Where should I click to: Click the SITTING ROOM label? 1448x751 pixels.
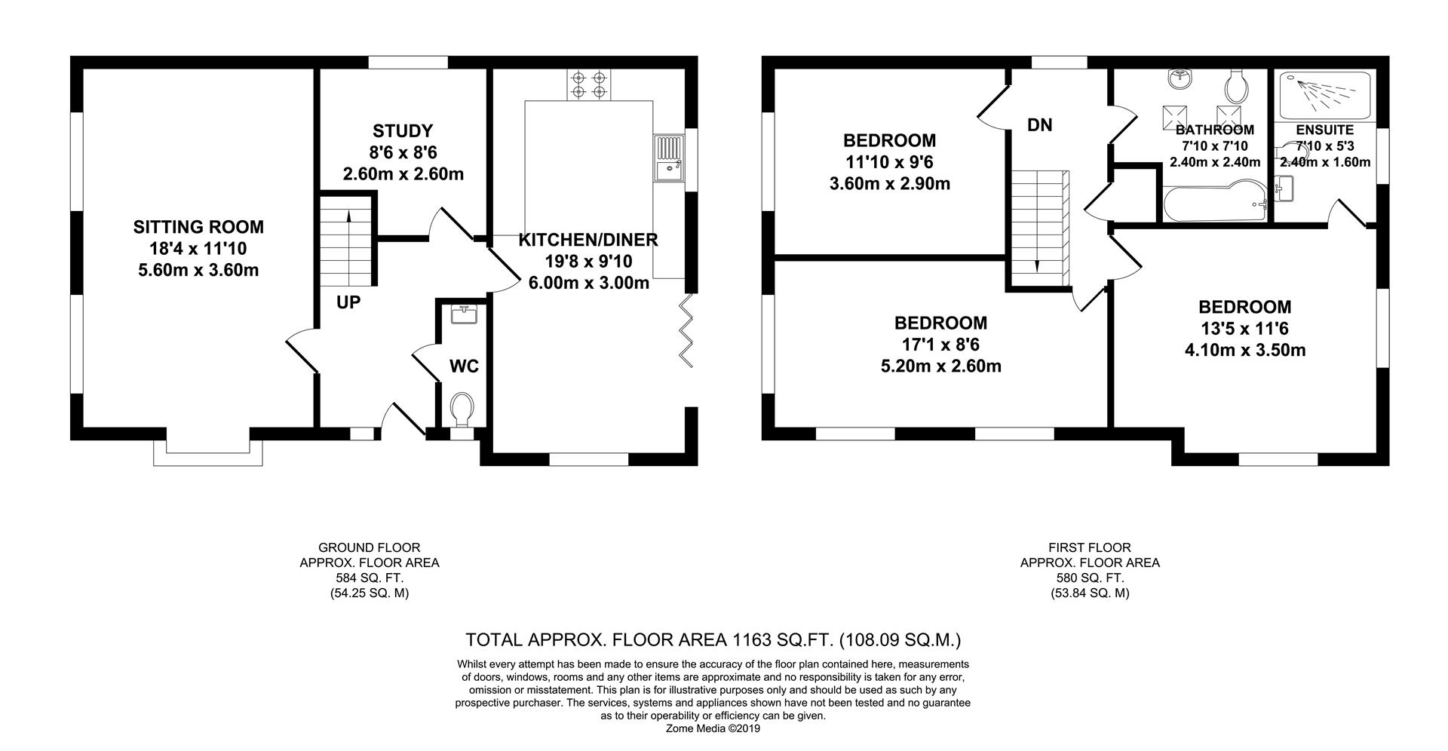pos(198,226)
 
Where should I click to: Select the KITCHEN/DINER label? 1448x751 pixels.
pos(588,240)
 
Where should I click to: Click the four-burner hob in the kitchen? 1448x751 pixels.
pos(589,84)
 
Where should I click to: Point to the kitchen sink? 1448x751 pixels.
pos(668,158)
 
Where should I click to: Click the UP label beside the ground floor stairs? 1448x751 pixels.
pos(348,302)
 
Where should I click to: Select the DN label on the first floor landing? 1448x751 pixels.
pos(1040,125)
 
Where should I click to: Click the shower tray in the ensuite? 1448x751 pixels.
pos(1321,95)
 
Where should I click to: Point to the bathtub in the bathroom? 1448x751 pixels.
pos(1213,204)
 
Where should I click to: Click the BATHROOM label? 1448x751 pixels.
pos(1215,130)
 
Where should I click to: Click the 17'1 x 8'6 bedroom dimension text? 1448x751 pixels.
pos(940,345)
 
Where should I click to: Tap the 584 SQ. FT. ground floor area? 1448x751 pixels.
pos(370,578)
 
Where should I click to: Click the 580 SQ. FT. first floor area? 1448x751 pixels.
pos(1090,578)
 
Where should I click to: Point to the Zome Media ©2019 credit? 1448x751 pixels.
pos(713,729)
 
